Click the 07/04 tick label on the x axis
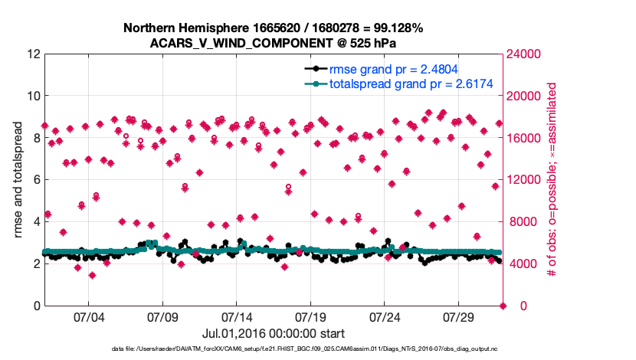87,316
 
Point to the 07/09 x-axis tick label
162,316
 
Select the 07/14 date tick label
237,316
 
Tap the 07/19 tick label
311,316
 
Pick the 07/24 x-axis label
385,316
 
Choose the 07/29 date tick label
460,316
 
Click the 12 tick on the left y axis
34,54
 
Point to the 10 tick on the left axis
34,97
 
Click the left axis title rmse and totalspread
17,180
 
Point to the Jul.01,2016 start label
273,334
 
